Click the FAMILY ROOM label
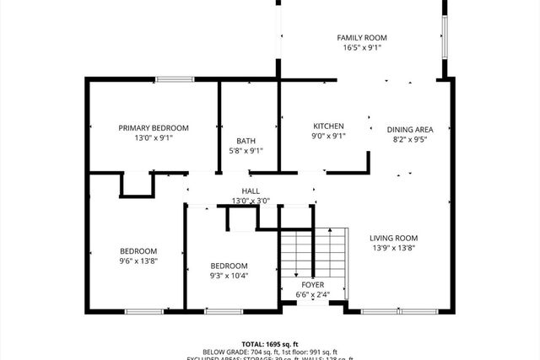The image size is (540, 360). click(362, 38)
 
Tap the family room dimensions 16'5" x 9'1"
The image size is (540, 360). click(362, 48)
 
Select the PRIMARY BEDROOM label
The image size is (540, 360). click(154, 128)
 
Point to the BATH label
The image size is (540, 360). click(246, 142)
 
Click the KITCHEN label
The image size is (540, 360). click(328, 126)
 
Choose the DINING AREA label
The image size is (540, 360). click(410, 130)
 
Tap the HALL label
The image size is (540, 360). click(251, 191)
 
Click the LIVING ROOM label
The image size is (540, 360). click(393, 238)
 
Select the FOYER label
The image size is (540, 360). click(313, 285)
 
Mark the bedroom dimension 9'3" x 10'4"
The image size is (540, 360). click(229, 275)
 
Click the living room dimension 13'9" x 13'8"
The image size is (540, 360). click(393, 248)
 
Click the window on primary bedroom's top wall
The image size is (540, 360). click(174, 79)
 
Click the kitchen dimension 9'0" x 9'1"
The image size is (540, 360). click(328, 136)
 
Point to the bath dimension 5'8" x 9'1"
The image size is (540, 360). click(246, 152)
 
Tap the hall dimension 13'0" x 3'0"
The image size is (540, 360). click(251, 201)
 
